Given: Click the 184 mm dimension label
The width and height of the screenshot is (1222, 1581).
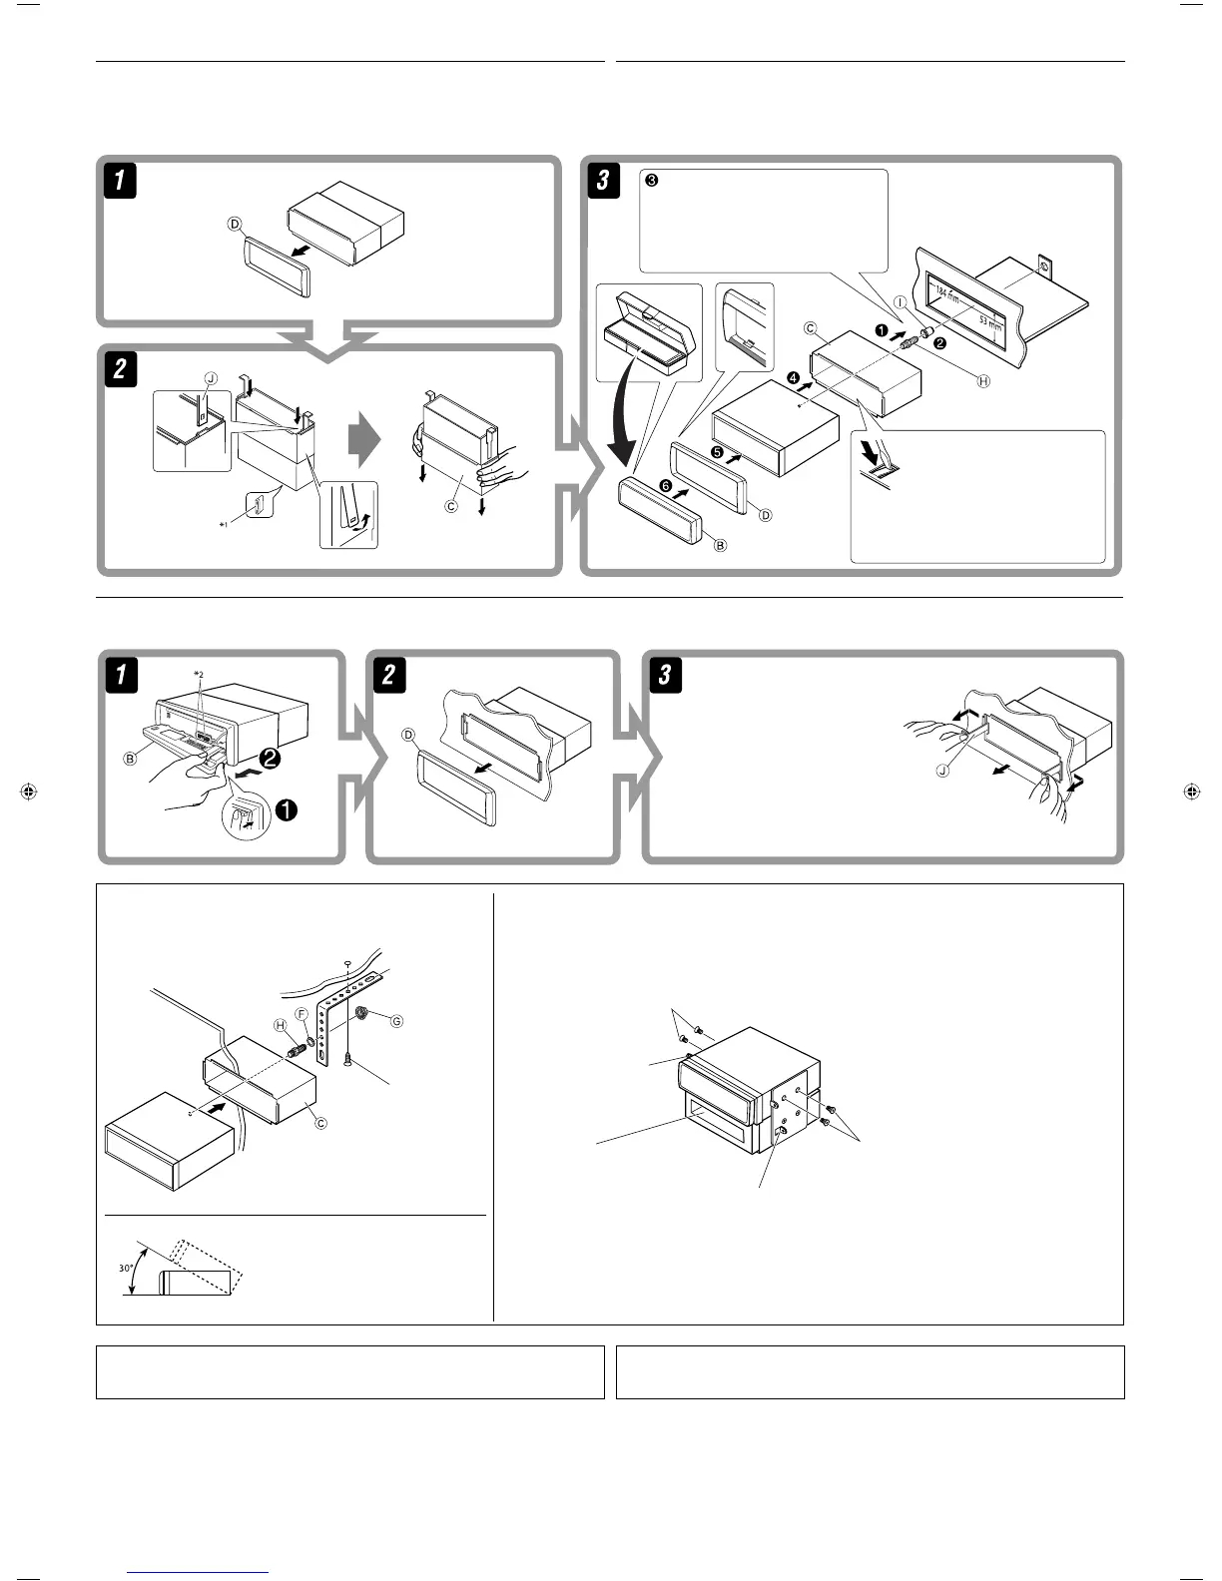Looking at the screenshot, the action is click(x=947, y=295).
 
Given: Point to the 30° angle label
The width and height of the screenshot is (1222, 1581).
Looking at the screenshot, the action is click(x=127, y=1268).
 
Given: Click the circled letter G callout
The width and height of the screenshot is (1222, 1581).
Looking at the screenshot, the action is click(x=396, y=1021).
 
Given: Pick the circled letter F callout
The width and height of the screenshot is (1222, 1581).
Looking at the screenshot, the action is click(x=301, y=1013).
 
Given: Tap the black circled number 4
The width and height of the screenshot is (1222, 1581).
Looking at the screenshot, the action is click(x=793, y=377).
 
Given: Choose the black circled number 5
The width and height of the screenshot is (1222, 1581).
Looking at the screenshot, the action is click(x=718, y=450).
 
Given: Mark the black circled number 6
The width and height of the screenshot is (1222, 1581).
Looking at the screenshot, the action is click(x=665, y=485).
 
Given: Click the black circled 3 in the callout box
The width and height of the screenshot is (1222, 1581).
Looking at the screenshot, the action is click(x=651, y=182).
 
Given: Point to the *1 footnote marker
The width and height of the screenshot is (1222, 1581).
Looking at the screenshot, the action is click(x=226, y=522).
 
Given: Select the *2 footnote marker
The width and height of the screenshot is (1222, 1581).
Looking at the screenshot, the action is click(x=199, y=675).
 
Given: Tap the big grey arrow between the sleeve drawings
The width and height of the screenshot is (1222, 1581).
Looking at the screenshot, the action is click(x=365, y=439).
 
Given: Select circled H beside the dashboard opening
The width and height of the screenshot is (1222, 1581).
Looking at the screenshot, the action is click(x=983, y=381).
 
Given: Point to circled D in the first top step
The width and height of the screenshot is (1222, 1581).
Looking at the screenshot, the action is click(x=236, y=225).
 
